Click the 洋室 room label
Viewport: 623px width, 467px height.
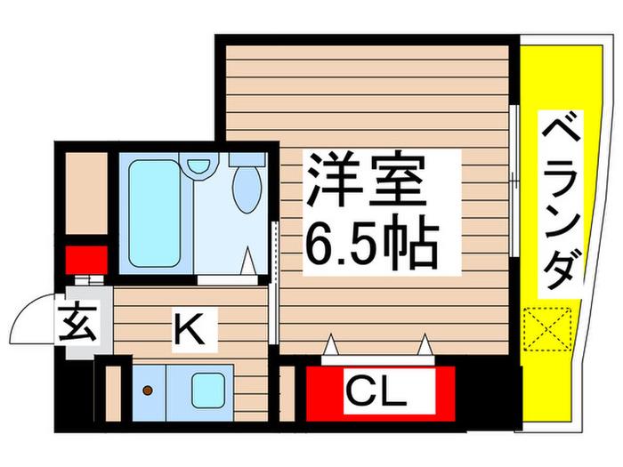[365, 180]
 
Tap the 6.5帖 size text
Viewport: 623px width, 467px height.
[371, 242]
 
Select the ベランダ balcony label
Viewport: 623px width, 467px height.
[561, 204]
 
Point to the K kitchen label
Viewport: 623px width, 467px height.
[190, 330]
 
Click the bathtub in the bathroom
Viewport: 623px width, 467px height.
[154, 213]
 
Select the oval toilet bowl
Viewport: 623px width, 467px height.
[247, 189]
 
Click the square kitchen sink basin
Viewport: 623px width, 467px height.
[207, 390]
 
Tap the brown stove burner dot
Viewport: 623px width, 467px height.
[148, 391]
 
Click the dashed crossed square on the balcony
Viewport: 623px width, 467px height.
[547, 329]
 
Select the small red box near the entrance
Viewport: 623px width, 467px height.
[86, 260]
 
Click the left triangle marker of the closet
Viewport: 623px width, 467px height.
[330, 344]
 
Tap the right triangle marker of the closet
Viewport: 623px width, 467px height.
[425, 344]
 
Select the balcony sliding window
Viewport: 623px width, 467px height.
[514, 181]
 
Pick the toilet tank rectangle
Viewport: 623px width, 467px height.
[247, 159]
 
